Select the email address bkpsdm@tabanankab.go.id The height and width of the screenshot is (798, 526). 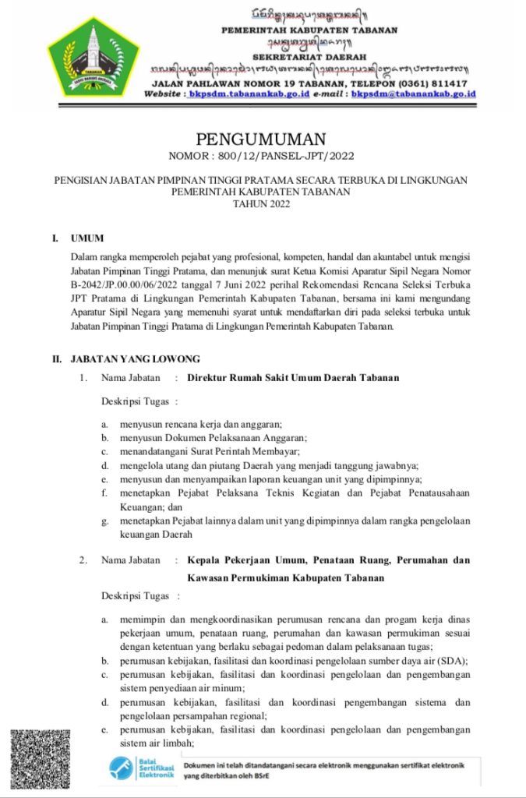tap(413, 94)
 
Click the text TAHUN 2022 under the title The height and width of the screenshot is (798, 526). tap(261, 204)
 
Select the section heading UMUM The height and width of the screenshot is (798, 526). tap(86, 238)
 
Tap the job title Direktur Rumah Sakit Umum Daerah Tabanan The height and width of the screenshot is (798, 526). tap(293, 378)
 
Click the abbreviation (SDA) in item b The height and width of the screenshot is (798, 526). tap(454, 660)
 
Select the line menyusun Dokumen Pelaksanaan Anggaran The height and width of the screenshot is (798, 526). tap(213, 439)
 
